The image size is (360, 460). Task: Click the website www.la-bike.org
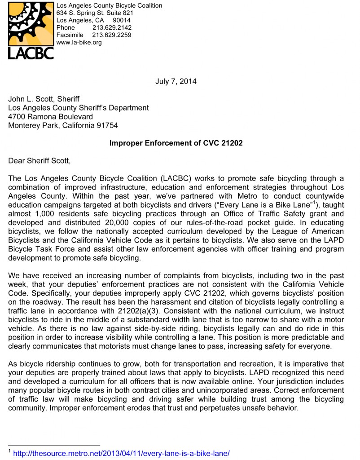click(79, 43)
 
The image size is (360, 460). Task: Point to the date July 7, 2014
click(176, 81)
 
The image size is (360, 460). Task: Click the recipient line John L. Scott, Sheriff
click(44, 99)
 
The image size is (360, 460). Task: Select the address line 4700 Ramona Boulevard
click(51, 117)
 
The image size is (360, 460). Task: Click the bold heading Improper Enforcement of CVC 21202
click(176, 143)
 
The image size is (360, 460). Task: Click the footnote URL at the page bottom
click(121, 454)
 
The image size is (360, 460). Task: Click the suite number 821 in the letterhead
click(128, 13)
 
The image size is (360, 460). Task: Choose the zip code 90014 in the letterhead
click(122, 20)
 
